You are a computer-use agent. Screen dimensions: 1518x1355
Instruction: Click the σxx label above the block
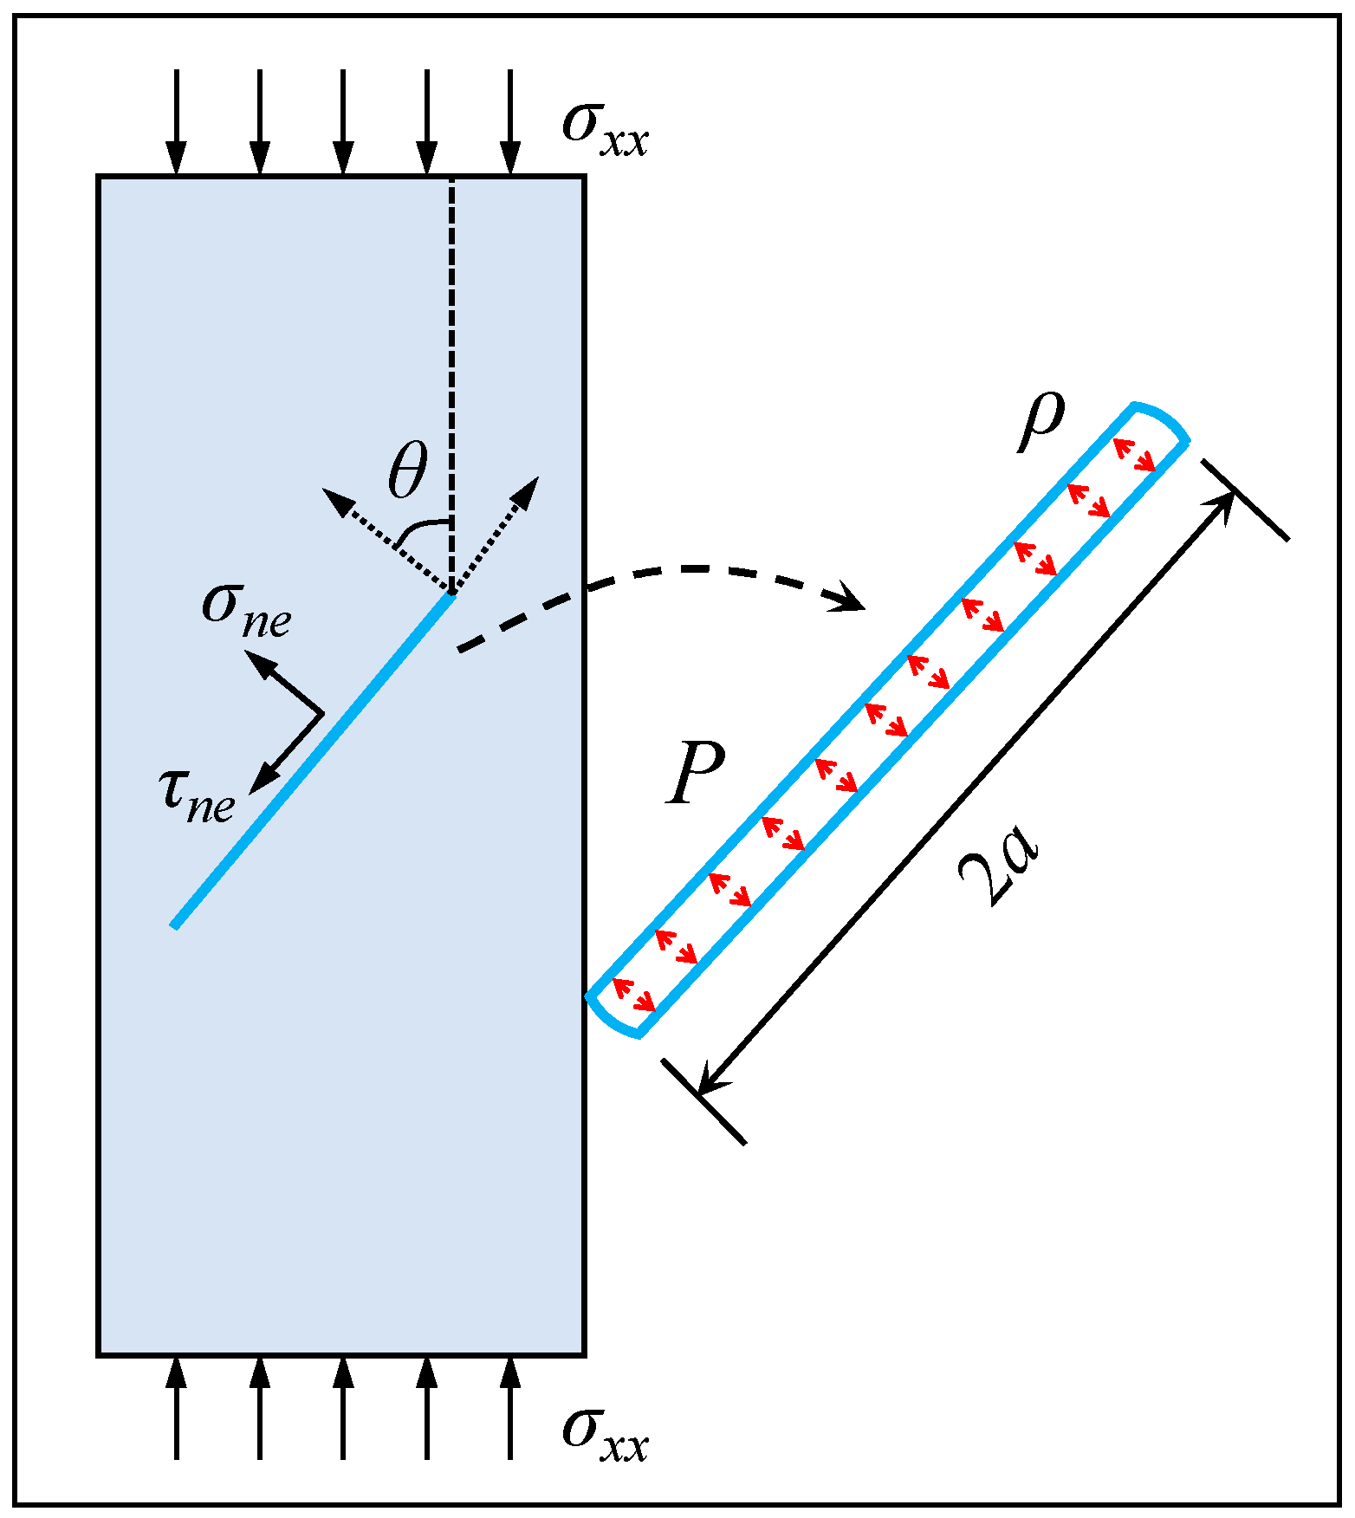pos(605,130)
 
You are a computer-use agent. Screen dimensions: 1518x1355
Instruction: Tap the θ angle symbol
pos(407,472)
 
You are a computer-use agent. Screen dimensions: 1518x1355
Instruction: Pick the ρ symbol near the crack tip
pos(1041,422)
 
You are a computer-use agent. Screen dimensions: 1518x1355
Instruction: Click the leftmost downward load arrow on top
pos(177,121)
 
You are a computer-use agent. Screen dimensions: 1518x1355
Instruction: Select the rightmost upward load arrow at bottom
pos(510,1408)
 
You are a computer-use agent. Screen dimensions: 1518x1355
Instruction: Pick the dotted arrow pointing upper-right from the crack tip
pos(498,529)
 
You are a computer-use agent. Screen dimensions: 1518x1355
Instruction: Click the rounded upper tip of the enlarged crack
pos(1161,420)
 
